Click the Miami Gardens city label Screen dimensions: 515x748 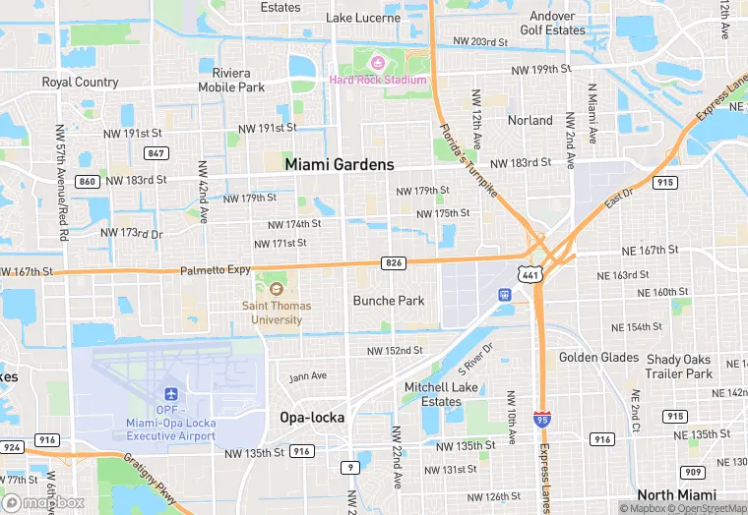tap(340, 165)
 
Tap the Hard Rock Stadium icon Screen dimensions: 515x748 tap(373, 64)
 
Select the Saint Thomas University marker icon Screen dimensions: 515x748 tap(276, 288)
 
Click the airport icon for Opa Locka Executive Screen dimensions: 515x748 tap(172, 394)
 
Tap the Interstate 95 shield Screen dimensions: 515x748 tap(541, 420)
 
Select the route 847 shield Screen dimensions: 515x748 tap(155, 152)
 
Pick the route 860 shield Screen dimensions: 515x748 tap(88, 182)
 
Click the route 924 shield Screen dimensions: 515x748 tap(12, 447)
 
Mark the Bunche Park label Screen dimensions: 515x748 tap(389, 300)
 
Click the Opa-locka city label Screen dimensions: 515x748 tap(312, 418)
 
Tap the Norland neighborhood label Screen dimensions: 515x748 tap(530, 120)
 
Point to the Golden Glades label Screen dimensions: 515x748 tap(598, 358)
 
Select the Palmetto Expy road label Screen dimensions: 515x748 tap(216, 269)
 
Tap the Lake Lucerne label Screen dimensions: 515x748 tap(363, 18)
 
